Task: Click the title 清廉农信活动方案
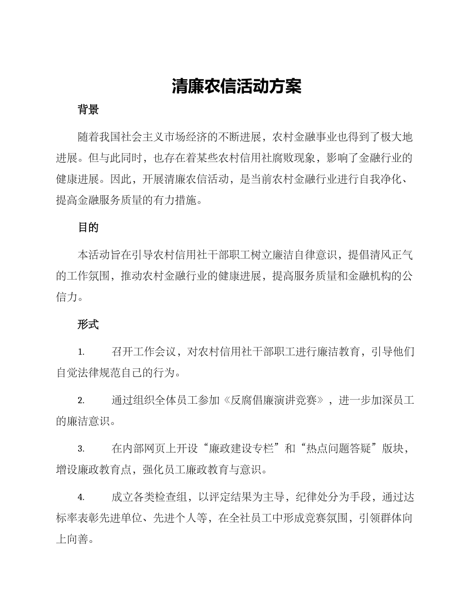[236, 86]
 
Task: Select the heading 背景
[88, 110]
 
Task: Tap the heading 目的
[88, 228]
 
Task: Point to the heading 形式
[88, 324]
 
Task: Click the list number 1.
[81, 352]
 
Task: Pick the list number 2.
[81, 401]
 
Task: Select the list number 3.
[81, 449]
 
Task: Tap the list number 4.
[81, 497]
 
